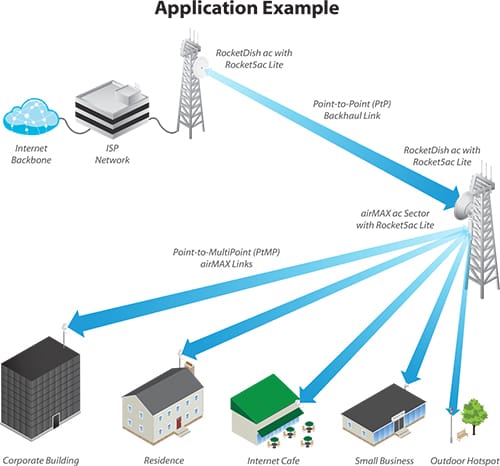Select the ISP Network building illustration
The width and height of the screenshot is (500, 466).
coord(112,109)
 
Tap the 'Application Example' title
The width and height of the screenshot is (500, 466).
coord(247,8)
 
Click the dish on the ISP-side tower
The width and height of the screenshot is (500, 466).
coord(201,67)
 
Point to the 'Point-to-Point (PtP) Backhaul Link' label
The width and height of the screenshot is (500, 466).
coord(352,110)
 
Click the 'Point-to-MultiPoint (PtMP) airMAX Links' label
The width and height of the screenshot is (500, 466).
coord(226,258)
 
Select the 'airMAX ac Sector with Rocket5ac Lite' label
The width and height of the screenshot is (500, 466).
coord(395,219)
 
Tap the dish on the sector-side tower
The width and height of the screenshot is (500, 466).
coord(463,206)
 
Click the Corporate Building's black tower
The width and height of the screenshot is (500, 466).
coord(41,384)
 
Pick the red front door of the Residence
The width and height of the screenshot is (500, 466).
coord(179,423)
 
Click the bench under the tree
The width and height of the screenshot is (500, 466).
coord(462,434)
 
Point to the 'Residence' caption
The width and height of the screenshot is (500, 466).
coord(164,460)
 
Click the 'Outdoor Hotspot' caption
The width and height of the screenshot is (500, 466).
coord(465,460)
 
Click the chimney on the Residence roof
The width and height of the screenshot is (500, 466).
coord(190,367)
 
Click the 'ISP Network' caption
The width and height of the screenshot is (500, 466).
coord(112,154)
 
